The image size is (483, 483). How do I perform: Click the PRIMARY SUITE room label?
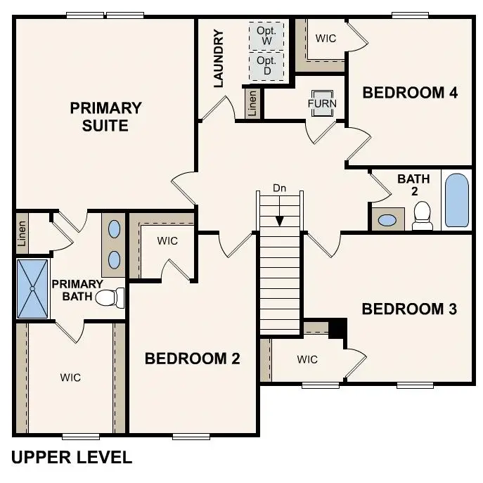pyautogui.click(x=105, y=117)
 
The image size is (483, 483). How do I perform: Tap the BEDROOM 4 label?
pyautogui.click(x=410, y=92)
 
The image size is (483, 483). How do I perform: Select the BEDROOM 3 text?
pyautogui.click(x=409, y=309)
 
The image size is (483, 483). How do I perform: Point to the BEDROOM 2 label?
pyautogui.click(x=192, y=359)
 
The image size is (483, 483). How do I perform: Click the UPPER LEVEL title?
pyautogui.click(x=72, y=458)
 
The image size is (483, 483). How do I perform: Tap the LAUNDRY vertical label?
pyautogui.click(x=218, y=58)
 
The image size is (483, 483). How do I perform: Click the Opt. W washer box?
pyautogui.click(x=267, y=35)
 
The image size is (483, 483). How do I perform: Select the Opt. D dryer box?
pyautogui.click(x=267, y=66)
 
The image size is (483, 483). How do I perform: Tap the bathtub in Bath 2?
pyautogui.click(x=456, y=200)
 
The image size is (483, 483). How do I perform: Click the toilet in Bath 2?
pyautogui.click(x=423, y=216)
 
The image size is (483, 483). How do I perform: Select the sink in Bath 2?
pyautogui.click(x=387, y=220)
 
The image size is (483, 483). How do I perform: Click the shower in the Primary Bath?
pyautogui.click(x=32, y=288)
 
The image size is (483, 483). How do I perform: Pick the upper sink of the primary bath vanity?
pyautogui.click(x=115, y=228)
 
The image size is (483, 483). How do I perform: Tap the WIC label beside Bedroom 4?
pyautogui.click(x=326, y=39)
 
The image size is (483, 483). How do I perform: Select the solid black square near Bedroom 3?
pyautogui.click(x=338, y=328)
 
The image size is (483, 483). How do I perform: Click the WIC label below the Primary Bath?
pyautogui.click(x=70, y=378)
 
